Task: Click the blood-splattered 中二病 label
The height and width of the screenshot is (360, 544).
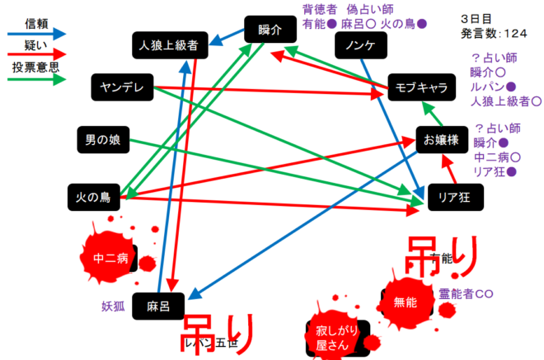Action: coord(111,258)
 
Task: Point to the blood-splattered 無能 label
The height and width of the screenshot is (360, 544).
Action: coord(406,302)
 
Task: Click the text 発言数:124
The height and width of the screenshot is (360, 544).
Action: coord(495,33)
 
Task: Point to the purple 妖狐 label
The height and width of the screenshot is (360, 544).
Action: coord(113,306)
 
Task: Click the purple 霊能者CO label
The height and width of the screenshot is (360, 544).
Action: coord(466,293)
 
